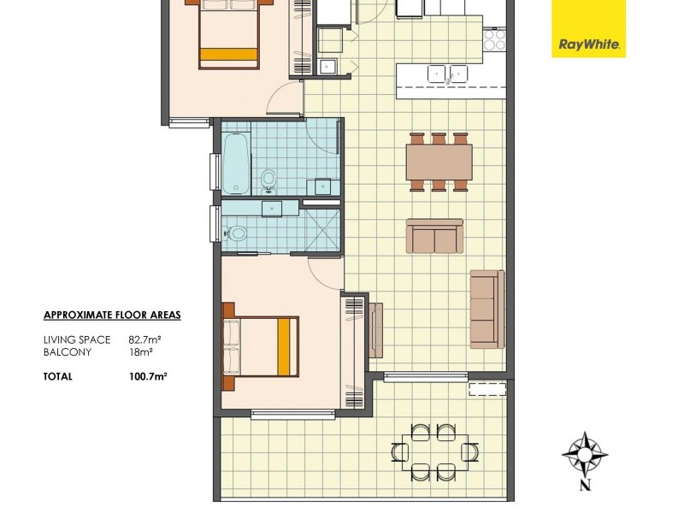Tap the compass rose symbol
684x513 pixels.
click(x=585, y=452)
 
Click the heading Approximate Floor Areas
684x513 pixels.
click(x=111, y=315)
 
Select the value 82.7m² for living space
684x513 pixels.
click(x=145, y=339)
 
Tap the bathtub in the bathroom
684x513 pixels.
click(x=236, y=163)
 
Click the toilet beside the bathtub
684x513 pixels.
click(x=268, y=178)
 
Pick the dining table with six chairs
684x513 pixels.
click(x=439, y=162)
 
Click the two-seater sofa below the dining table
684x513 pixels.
click(x=434, y=237)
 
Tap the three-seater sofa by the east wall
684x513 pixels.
click(x=486, y=307)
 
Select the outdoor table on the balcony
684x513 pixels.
click(x=434, y=451)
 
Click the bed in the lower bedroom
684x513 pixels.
click(x=262, y=346)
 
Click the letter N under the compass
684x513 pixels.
click(x=585, y=488)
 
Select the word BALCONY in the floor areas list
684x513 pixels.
click(x=65, y=351)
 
